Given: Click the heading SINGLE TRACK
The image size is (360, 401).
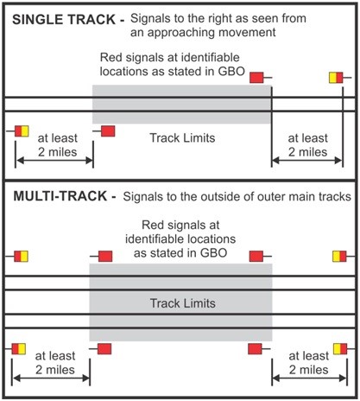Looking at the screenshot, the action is (64, 20).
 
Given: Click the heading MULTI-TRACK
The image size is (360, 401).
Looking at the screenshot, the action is (60, 196).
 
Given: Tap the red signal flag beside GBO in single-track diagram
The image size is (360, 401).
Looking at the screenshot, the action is (256, 78).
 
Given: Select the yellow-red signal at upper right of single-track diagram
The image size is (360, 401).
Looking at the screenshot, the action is (336, 78).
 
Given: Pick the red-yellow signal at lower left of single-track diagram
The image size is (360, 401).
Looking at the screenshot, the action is (22, 131).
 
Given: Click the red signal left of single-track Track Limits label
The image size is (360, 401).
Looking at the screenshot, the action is (108, 131).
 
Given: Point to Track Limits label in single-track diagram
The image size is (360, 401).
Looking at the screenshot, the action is (182, 137).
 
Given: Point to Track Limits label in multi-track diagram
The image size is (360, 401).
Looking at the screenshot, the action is (183, 303).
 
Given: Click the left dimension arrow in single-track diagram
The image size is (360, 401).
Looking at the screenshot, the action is (54, 160).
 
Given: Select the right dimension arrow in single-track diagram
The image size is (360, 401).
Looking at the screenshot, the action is (307, 160).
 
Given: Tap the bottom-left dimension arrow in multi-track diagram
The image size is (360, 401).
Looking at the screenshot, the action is (51, 378).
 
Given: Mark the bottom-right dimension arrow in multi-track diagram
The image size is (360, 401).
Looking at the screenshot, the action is (310, 378).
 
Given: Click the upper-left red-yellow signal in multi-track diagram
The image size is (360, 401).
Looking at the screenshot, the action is (21, 256).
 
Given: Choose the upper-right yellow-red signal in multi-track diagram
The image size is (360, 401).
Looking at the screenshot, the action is (339, 256).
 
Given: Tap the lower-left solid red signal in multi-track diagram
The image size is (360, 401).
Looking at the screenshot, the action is (104, 349).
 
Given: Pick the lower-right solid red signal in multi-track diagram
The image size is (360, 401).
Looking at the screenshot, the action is (255, 349).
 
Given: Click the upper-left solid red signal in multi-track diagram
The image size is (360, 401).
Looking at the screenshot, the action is (105, 256).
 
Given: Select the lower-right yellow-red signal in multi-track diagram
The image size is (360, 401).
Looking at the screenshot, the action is (340, 349).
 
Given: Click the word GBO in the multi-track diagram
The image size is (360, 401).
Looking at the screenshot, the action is (214, 253).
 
